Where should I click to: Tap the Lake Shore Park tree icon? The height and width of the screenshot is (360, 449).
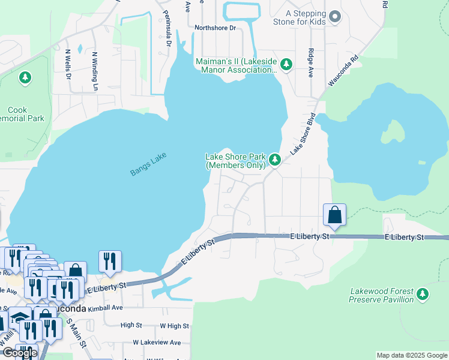point(274,160)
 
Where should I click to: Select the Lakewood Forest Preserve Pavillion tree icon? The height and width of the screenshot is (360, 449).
point(423,294)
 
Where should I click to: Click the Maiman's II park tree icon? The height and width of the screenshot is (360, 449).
point(286,64)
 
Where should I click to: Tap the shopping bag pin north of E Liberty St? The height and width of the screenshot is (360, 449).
point(334,215)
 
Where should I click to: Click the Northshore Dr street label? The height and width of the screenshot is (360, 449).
point(215,28)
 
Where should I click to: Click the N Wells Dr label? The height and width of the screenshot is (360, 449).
point(68,64)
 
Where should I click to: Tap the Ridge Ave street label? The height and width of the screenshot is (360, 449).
point(311,63)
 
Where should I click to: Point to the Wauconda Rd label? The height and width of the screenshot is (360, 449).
point(343,71)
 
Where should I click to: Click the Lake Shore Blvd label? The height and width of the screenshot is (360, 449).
point(303,134)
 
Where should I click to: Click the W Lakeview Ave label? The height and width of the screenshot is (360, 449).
point(157,343)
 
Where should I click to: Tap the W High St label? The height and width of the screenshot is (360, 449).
point(174,326)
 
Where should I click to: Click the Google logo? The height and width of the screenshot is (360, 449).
point(19,353)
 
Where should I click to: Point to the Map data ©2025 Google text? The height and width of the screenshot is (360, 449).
point(412,356)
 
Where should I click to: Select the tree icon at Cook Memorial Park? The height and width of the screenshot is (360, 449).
point(25,77)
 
